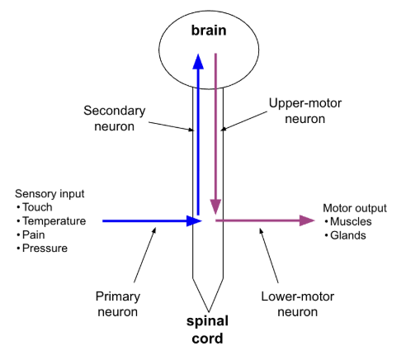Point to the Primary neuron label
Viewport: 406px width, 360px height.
click(x=117, y=305)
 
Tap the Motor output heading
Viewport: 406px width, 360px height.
click(x=354, y=208)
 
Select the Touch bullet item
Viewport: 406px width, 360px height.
click(x=37, y=208)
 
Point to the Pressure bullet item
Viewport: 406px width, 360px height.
click(x=45, y=248)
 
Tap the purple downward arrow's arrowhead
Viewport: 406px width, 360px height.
click(x=216, y=206)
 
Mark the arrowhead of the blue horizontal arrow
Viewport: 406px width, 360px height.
click(x=195, y=220)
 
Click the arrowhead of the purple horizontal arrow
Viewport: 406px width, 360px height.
click(x=307, y=220)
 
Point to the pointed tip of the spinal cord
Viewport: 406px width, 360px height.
click(x=208, y=307)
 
